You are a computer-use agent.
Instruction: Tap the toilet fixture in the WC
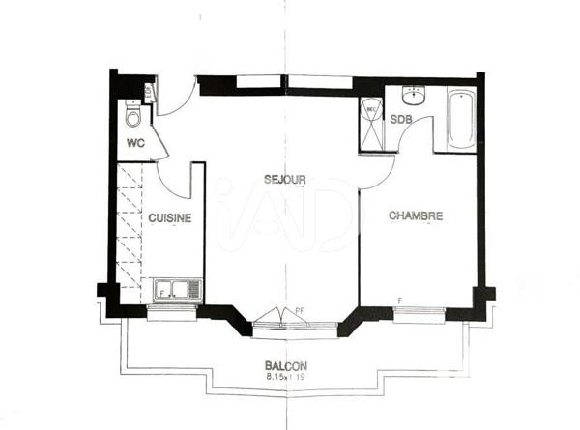tap(134, 117)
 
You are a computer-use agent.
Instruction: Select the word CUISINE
tap(170, 218)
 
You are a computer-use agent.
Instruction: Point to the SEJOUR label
tap(285, 180)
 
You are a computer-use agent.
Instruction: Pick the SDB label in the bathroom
tap(401, 120)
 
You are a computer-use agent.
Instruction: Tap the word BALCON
tap(286, 366)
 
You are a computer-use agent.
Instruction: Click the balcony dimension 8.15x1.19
tap(286, 378)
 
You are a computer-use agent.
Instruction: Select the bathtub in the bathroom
tap(461, 121)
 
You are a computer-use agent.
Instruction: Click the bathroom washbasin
tap(415, 95)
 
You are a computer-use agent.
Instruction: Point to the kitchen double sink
tap(177, 289)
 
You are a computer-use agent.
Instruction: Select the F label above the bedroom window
tap(399, 301)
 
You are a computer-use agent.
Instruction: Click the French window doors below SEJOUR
tap(276, 319)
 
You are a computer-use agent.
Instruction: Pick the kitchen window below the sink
tap(175, 309)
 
